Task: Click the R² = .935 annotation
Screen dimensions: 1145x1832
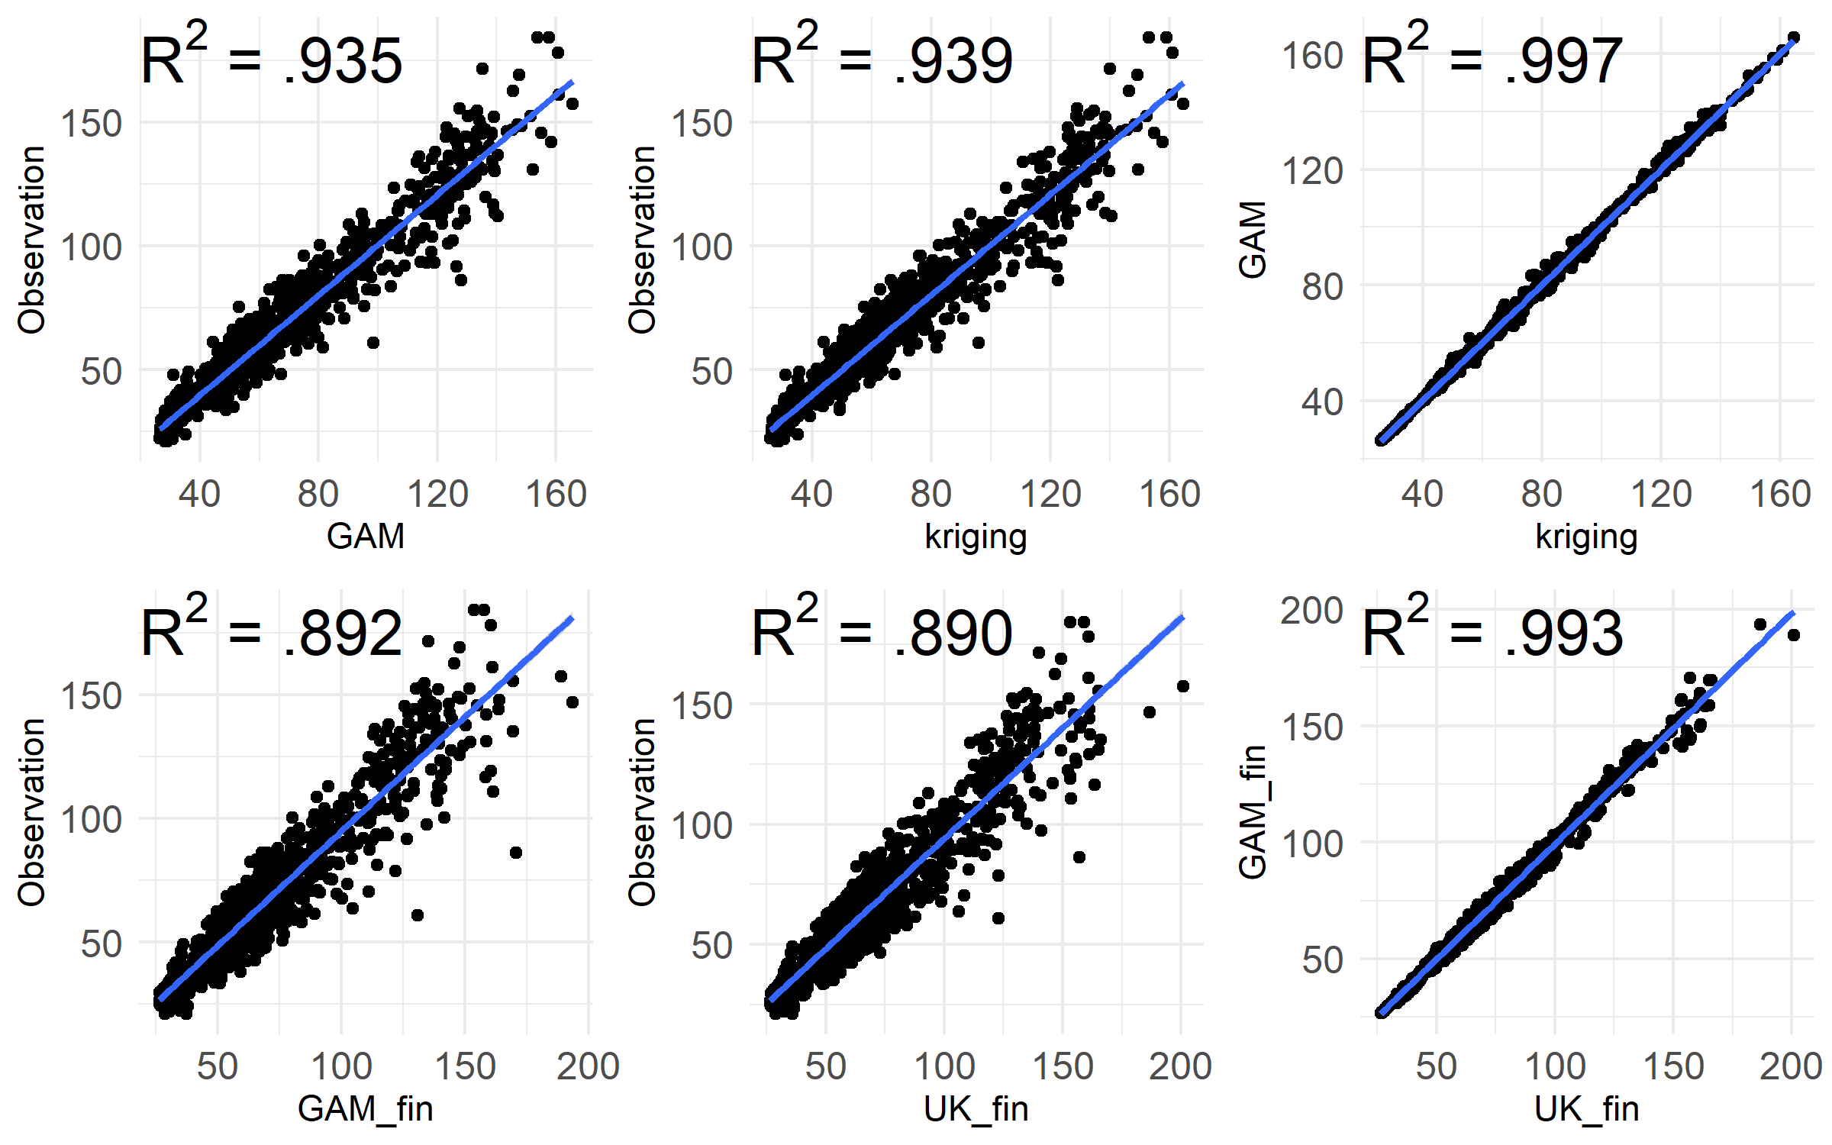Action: [x=271, y=60]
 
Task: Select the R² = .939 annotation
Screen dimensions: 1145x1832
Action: [x=882, y=60]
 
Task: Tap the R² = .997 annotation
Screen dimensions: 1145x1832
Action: [x=1492, y=60]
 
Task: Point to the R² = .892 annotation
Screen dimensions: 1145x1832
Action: [x=271, y=632]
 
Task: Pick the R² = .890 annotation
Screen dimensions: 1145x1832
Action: [x=882, y=632]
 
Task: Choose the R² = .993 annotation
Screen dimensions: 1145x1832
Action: [x=1492, y=632]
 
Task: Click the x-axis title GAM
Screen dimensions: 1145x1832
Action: [x=366, y=536]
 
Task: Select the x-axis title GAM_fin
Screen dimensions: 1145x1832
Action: [x=366, y=1108]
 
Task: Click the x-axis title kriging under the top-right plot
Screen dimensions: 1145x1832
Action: [x=1586, y=536]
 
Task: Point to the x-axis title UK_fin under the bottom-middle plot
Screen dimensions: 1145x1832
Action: [x=976, y=1108]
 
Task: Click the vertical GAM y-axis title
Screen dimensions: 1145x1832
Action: [x=1253, y=239]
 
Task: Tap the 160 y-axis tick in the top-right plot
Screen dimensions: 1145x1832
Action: [x=1312, y=56]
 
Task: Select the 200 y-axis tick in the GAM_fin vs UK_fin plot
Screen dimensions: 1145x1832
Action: [x=1312, y=611]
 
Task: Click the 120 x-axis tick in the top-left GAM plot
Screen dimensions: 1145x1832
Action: [x=437, y=494]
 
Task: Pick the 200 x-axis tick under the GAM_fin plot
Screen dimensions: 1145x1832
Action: [x=588, y=1066]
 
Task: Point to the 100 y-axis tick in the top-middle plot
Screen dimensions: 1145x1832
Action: [x=702, y=247]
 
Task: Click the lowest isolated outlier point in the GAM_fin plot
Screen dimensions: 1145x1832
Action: [x=417, y=914]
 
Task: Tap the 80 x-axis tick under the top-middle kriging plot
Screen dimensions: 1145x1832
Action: [x=931, y=494]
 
